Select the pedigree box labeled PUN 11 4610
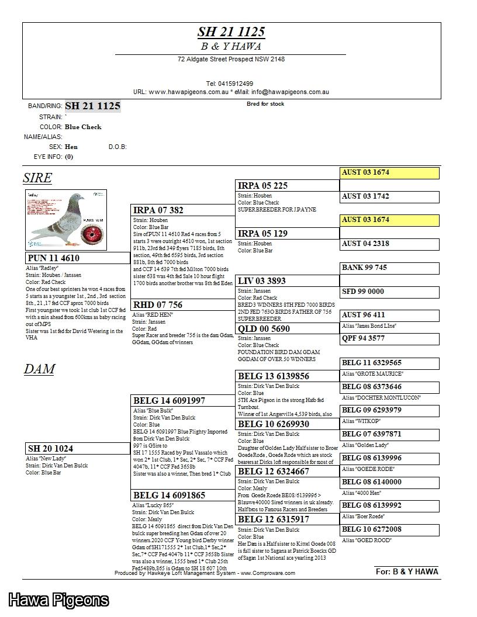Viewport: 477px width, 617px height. [x=78, y=258]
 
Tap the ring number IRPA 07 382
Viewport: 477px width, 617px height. [x=158, y=210]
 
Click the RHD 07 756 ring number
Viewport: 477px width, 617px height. [x=158, y=305]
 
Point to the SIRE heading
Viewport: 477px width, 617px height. [x=37, y=178]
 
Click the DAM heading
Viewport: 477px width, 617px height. [x=39, y=369]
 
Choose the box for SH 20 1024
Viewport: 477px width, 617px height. [x=78, y=449]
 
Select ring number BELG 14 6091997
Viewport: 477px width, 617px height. [x=170, y=401]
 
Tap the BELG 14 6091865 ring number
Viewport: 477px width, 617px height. [x=170, y=495]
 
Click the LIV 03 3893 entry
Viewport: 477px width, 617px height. [x=262, y=281]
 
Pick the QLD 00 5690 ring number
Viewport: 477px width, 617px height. [x=264, y=329]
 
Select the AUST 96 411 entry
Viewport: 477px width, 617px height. [x=364, y=315]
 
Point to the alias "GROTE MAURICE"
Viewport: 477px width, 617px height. [x=372, y=373]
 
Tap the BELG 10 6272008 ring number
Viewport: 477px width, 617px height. [x=371, y=529]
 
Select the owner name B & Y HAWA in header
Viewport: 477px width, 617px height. [x=231, y=46]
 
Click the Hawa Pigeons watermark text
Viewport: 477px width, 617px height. [x=59, y=600]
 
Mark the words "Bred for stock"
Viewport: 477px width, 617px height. [x=265, y=104]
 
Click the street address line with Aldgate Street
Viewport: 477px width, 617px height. [x=231, y=59]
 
